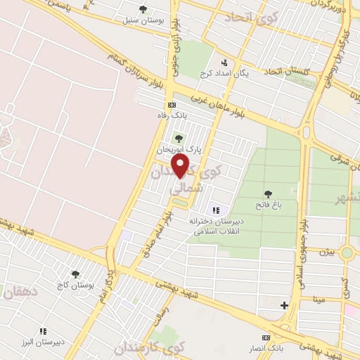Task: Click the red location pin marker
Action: point(181,165)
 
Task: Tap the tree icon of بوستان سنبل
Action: point(143,10)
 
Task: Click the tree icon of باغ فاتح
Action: point(267,193)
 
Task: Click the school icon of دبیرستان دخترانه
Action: point(216,210)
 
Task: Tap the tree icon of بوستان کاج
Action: point(75,274)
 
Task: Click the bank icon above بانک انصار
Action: point(266,337)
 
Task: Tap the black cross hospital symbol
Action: point(284,305)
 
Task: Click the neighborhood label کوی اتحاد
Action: point(242,18)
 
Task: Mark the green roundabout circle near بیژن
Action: point(347,252)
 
